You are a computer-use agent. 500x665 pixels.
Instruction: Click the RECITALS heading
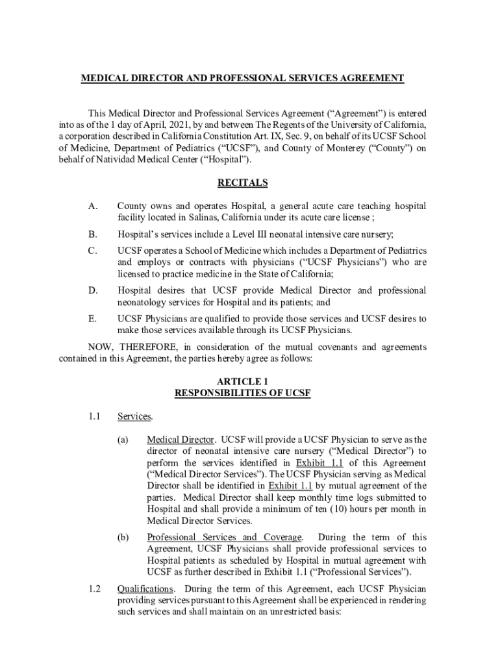[x=242, y=183]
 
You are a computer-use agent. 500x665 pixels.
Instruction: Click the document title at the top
[x=242, y=79]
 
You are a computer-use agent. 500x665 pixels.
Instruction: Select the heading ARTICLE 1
[x=242, y=381]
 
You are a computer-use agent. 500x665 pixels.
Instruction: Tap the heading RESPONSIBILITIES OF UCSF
[x=242, y=393]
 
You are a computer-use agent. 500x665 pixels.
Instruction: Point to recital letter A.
[x=94, y=206]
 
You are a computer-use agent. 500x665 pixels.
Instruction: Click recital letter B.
[x=93, y=234]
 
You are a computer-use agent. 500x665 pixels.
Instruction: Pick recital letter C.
[x=93, y=251]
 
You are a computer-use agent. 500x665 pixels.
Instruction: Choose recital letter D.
[x=94, y=290]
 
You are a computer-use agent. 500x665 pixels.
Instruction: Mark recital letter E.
[x=93, y=318]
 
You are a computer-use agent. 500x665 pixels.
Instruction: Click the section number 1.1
[x=94, y=416]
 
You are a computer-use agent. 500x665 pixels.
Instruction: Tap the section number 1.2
[x=94, y=589]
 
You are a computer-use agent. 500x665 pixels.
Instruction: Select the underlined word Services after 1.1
[x=134, y=416]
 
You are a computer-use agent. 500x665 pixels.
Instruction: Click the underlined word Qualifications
[x=146, y=589]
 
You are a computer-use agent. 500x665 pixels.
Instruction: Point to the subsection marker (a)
[x=123, y=440]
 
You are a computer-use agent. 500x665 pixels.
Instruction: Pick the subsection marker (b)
[x=123, y=537]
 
